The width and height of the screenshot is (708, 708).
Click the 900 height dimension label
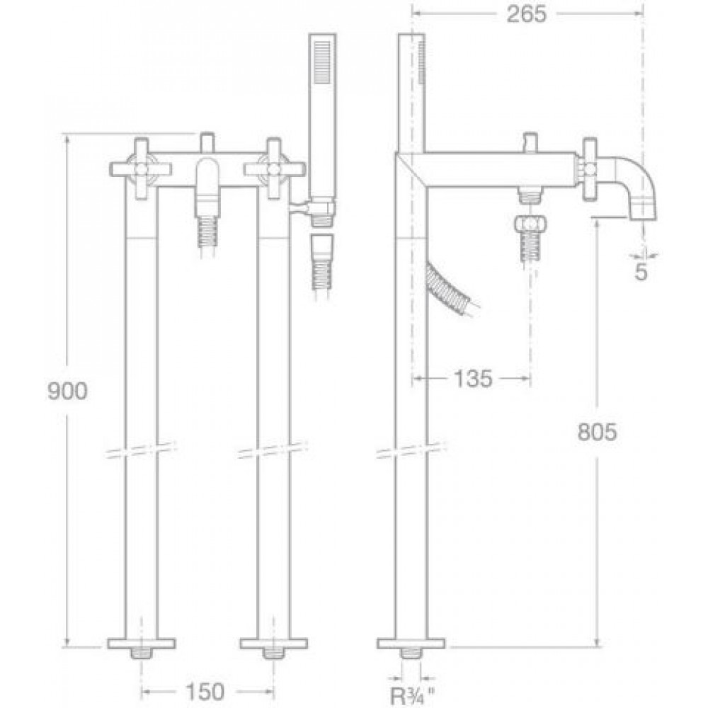click(67, 392)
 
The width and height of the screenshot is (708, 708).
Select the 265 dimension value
click(527, 14)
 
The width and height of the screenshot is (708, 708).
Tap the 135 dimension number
click(473, 378)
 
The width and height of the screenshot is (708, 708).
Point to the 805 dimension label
click(597, 432)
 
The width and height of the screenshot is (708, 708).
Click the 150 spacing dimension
click(205, 691)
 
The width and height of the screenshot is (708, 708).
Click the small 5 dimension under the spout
click(641, 271)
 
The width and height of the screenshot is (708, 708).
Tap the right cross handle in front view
click(274, 169)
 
